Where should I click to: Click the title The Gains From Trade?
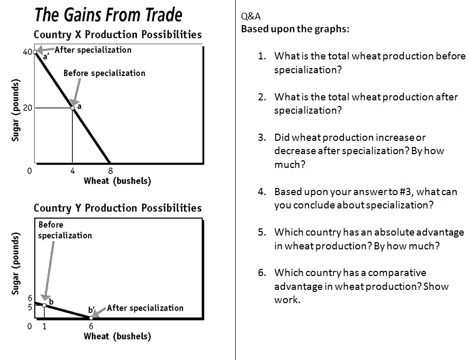pyautogui.click(x=109, y=15)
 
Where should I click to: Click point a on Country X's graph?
pyautogui.click(x=73, y=108)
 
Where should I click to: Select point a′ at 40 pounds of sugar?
pyautogui.click(x=35, y=52)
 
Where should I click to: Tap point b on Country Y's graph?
pyautogui.click(x=45, y=305)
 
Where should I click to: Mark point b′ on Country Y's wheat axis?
pyautogui.click(x=91, y=318)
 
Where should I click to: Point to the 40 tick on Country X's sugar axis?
pyautogui.click(x=27, y=52)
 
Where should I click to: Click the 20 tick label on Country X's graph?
pyautogui.click(x=27, y=108)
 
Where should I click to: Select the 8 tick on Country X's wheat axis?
pyautogui.click(x=110, y=171)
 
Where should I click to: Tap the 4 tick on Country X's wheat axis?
pyautogui.click(x=73, y=171)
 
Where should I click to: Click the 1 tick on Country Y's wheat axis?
pyautogui.click(x=45, y=326)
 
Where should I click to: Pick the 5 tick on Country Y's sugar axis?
pyautogui.click(x=30, y=307)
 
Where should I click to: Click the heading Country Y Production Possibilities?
pyautogui.click(x=117, y=208)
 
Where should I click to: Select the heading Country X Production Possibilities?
pyautogui.click(x=117, y=34)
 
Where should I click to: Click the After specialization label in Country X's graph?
pyautogui.click(x=93, y=50)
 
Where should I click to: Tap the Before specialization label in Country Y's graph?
pyautogui.click(x=65, y=230)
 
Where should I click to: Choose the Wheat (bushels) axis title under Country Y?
pyautogui.click(x=117, y=336)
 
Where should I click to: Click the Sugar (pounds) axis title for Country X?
pyautogui.click(x=15, y=110)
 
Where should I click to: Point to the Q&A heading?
pyautogui.click(x=251, y=16)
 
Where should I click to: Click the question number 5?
pyautogui.click(x=262, y=232)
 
